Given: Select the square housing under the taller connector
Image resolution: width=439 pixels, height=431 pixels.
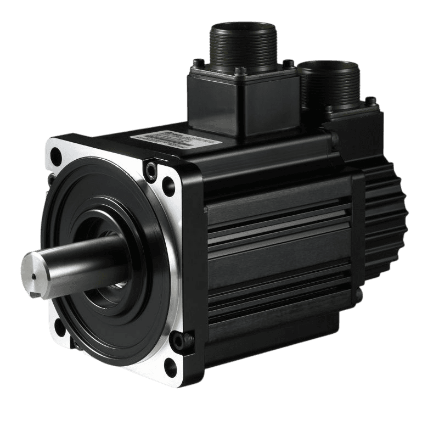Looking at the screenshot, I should click(x=241, y=104).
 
